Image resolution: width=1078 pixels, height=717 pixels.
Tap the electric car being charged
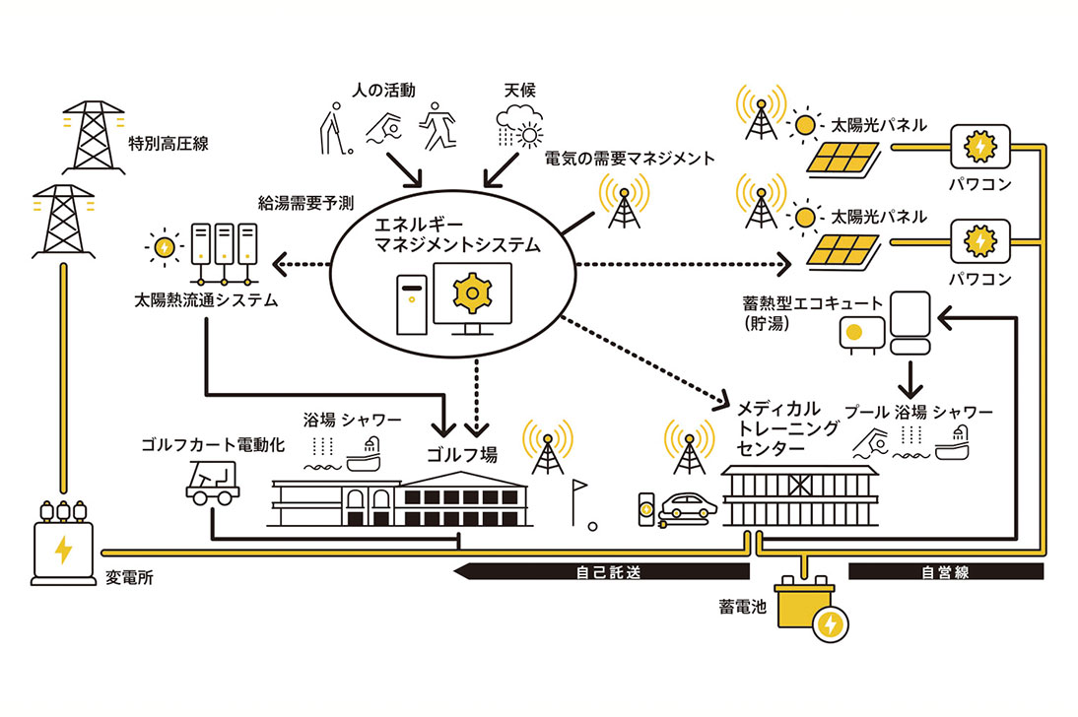click(686, 508)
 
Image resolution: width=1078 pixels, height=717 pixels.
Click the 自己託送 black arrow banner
click(602, 571)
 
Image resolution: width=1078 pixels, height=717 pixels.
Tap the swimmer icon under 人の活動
click(382, 131)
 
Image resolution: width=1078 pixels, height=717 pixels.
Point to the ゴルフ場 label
click(461, 454)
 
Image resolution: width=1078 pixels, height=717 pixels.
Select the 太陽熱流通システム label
click(206, 299)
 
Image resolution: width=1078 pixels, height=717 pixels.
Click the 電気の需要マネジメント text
click(630, 158)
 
